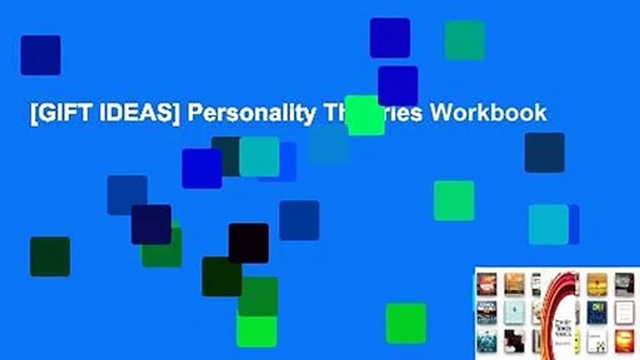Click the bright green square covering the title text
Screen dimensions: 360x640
(365, 115)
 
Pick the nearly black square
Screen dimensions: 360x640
(248, 243)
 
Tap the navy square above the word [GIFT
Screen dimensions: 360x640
(40, 55)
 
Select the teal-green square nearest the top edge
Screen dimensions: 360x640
(464, 40)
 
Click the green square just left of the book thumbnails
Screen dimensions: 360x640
(406, 323)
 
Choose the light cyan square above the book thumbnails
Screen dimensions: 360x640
(548, 224)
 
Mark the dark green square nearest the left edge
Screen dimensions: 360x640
(50, 256)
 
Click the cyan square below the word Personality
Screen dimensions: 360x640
(259, 156)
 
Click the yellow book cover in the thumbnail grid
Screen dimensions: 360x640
(597, 283)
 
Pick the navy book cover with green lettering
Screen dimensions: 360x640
(597, 312)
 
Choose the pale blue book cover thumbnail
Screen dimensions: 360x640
(514, 312)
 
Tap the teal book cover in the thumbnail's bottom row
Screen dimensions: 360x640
(486, 341)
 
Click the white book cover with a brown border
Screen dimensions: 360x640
(624, 312)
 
